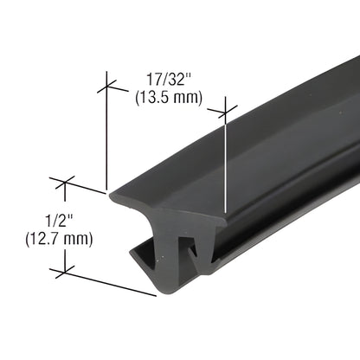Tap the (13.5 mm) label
[x=169, y=98]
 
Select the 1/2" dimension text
[x=59, y=221]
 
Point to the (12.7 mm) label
[x=59, y=239]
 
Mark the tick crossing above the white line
[x=225, y=111]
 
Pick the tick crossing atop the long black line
[x=106, y=86]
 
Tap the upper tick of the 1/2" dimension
[x=65, y=183]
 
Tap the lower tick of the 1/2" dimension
[x=65, y=272]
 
